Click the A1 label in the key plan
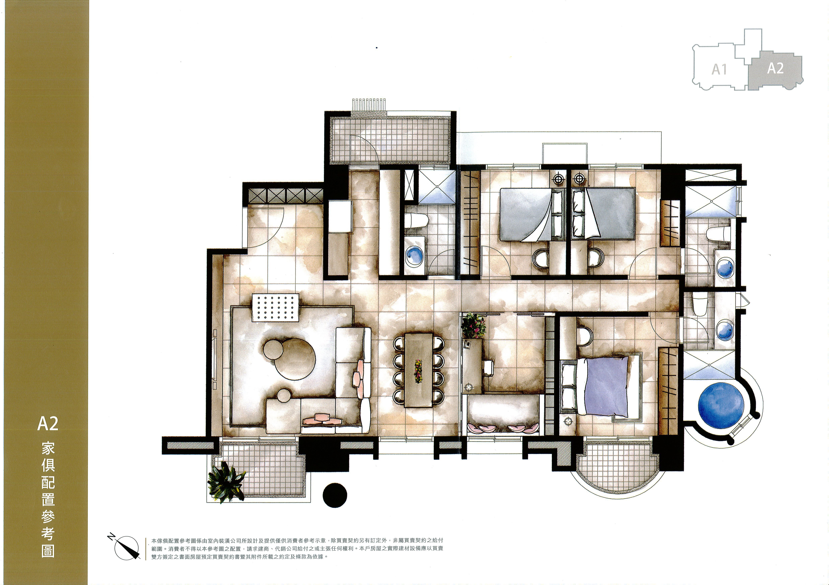point(719,69)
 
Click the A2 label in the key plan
point(775,68)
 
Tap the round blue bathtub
point(721,405)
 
